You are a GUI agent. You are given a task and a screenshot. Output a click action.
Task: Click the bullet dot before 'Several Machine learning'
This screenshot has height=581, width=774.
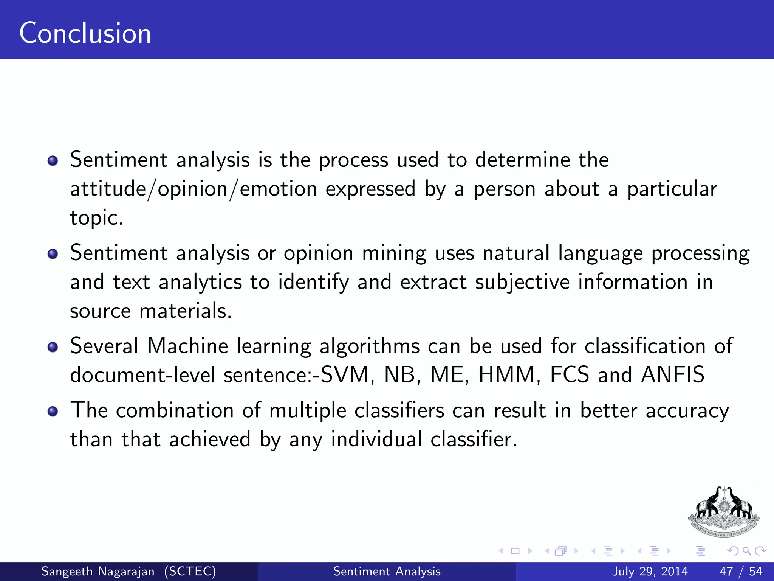(53, 347)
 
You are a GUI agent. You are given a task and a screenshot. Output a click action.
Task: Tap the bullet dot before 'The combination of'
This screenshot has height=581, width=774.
(53, 412)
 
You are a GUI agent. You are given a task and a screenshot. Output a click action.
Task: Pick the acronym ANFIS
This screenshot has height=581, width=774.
(673, 375)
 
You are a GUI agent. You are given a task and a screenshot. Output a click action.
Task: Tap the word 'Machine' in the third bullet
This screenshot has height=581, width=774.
(188, 346)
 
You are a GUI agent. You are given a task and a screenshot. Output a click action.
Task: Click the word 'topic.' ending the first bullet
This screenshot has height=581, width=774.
(97, 218)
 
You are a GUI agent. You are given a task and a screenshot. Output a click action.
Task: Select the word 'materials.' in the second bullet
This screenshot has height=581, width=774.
(185, 311)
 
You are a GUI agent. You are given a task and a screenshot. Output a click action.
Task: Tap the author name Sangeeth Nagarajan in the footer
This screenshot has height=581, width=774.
(98, 571)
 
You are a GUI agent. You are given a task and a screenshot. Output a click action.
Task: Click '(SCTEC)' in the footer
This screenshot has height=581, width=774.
(190, 571)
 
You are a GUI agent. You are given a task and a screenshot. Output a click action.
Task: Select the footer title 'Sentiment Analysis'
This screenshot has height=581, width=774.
(387, 571)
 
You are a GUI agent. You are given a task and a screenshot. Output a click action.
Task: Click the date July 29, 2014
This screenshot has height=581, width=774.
(650, 571)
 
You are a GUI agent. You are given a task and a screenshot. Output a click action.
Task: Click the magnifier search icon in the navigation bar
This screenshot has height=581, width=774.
(746, 551)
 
